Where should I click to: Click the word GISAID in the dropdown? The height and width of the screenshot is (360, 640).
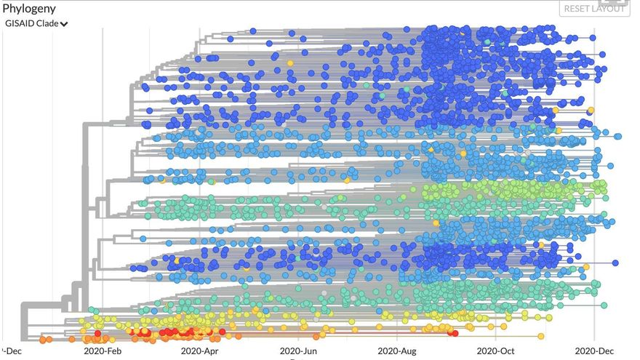coord(21,23)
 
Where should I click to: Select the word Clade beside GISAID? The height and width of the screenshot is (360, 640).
coord(48,23)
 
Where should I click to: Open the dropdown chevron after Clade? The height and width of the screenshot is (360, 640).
coord(65,24)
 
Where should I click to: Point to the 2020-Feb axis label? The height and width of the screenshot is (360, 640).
coord(103,350)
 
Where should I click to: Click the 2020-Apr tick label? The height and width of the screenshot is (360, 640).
coord(201,350)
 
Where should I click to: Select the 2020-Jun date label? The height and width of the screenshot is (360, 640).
coord(300,350)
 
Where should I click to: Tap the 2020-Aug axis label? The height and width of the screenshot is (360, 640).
coord(398,350)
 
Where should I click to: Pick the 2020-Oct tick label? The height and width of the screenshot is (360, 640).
coord(496,350)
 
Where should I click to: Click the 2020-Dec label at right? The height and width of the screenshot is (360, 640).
coord(594,350)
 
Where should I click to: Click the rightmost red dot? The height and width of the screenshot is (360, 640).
coord(455,334)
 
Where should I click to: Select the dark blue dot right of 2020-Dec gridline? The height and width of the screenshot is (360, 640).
coord(615,263)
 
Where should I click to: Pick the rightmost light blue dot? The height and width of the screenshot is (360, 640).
coord(618,137)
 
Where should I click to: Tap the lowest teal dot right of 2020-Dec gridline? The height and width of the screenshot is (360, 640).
coord(604,305)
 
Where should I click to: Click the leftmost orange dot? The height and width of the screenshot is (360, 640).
coord(43,339)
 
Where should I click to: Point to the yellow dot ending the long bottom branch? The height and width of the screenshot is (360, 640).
coord(541,335)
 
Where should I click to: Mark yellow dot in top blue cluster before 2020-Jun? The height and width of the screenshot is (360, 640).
coord(290,63)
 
